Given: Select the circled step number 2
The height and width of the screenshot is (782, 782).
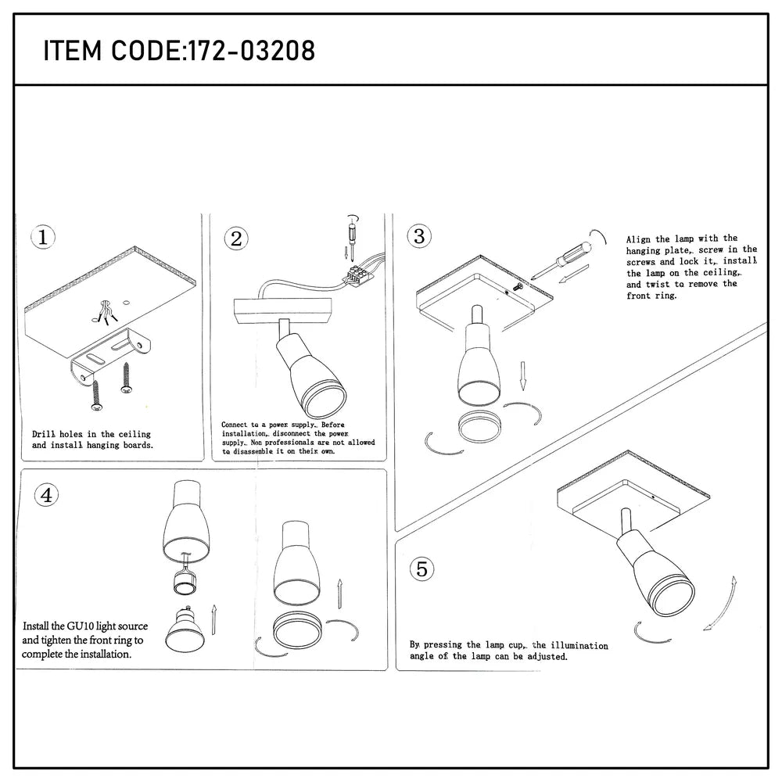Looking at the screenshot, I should click(235, 239).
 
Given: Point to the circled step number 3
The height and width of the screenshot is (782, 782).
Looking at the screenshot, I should click(419, 235).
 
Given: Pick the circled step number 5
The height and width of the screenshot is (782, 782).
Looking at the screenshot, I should click(421, 569).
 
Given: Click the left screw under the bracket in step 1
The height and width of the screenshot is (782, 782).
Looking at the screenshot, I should click(95, 394).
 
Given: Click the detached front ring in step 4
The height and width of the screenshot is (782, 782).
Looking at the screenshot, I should click(296, 630).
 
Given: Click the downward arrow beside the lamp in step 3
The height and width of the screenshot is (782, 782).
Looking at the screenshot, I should click(523, 375).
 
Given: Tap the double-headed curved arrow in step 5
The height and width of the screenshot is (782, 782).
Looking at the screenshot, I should click(723, 602).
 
